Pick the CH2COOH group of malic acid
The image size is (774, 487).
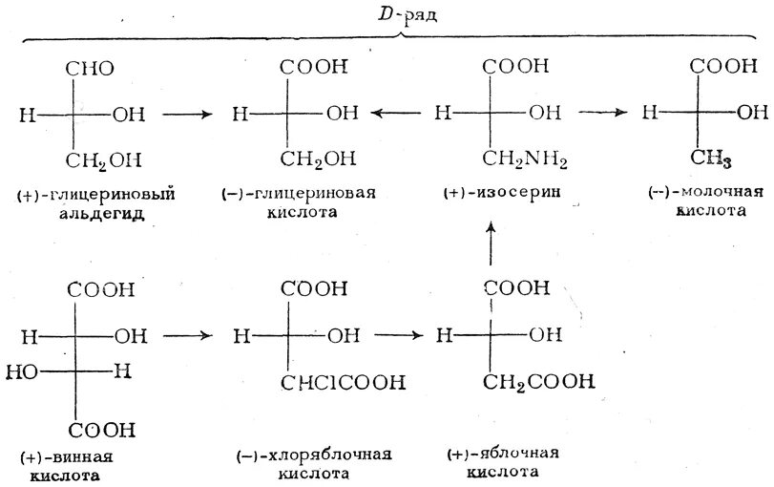(x=538, y=382)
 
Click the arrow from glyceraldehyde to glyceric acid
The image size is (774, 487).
(x=188, y=114)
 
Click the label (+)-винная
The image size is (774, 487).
(x=64, y=456)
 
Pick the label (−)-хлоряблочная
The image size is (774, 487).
(x=314, y=455)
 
